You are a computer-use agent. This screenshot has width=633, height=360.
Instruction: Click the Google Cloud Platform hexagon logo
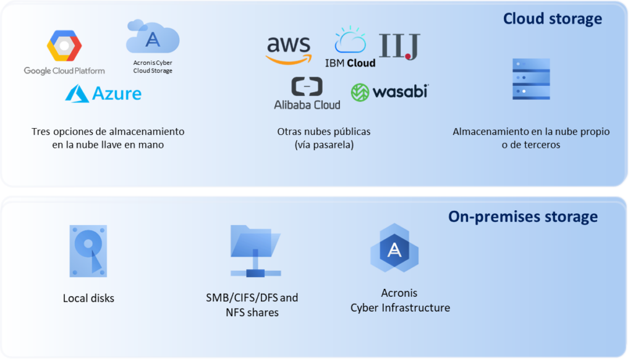click(x=64, y=46)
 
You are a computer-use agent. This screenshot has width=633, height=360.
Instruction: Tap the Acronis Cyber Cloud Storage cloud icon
click(x=153, y=38)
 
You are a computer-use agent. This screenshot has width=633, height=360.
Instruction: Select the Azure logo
click(x=103, y=93)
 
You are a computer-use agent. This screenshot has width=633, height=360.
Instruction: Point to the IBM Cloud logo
click(x=350, y=47)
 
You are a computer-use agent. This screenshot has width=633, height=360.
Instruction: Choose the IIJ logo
click(x=399, y=46)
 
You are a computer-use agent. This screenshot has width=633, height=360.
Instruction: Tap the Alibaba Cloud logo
click(x=307, y=93)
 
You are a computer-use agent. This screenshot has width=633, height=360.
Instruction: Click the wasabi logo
click(x=389, y=92)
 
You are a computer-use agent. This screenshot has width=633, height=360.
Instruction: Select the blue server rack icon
click(x=531, y=79)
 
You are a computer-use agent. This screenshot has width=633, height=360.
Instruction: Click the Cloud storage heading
click(x=552, y=19)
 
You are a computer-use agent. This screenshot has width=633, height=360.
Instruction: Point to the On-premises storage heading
click(x=522, y=216)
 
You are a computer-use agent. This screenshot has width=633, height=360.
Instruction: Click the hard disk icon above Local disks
click(x=88, y=251)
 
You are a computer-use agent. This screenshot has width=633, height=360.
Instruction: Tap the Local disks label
click(x=88, y=298)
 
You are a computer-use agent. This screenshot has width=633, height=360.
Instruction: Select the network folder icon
click(x=254, y=251)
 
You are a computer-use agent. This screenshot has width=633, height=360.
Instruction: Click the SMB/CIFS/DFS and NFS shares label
click(x=252, y=305)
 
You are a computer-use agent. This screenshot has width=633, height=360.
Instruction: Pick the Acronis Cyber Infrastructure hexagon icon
click(x=394, y=250)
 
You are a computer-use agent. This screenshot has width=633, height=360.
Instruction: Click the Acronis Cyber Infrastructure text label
click(x=400, y=300)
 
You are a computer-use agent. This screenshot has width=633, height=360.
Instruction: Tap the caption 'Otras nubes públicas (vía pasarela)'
click(x=324, y=138)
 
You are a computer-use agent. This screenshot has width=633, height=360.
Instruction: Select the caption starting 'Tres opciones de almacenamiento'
click(x=108, y=138)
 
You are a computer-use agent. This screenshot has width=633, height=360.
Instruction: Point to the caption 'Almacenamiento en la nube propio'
click(x=531, y=138)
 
